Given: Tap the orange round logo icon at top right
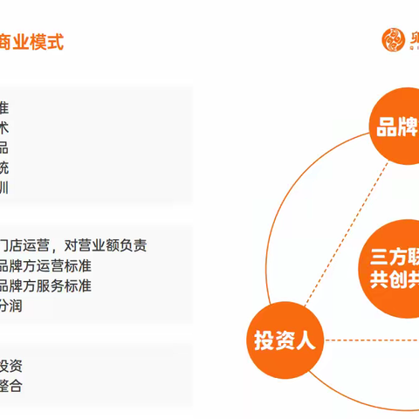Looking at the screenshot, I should coord(393,39).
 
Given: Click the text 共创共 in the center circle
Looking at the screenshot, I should coord(392,281).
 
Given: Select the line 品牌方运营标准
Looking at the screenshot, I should coord(45,265).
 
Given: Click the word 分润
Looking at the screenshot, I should coord(10,306).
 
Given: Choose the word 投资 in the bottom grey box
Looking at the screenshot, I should coord(10,366).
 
